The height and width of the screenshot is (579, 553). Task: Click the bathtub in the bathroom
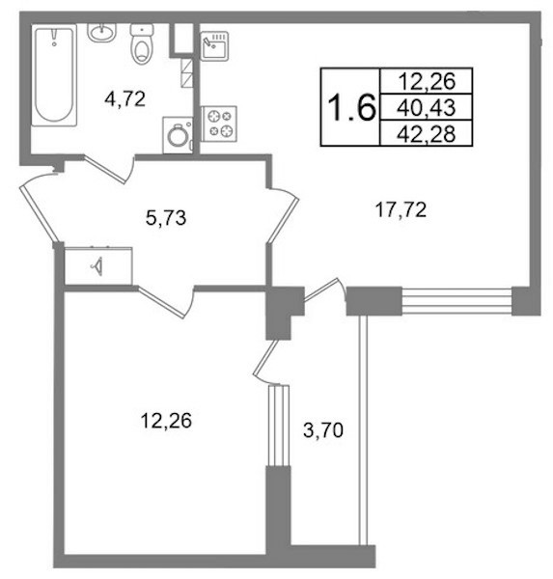54,75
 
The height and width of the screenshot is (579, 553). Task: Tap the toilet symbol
142,44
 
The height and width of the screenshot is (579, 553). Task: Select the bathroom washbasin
102,33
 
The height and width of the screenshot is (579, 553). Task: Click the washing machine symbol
178,135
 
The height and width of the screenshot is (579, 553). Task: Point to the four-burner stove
219,124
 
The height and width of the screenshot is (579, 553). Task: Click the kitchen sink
214,46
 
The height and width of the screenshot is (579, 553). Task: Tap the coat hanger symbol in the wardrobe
97,266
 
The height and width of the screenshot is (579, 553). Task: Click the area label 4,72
124,99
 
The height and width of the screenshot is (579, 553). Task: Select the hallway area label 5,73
166,218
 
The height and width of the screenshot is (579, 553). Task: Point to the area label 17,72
401,210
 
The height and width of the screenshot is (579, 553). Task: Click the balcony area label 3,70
323,430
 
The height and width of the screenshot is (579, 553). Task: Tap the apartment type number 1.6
351,107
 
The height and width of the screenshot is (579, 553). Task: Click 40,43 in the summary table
427,108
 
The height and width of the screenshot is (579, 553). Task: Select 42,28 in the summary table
427,134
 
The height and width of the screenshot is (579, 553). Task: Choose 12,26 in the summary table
427,81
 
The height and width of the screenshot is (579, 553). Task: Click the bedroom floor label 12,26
166,421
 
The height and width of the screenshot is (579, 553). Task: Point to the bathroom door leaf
105,170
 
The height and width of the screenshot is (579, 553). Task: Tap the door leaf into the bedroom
161,302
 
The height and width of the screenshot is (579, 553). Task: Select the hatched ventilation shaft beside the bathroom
187,72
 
